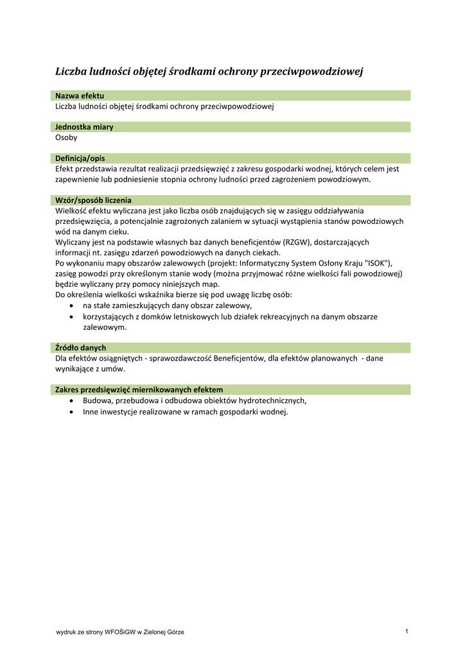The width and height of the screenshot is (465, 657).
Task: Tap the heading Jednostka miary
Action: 84,126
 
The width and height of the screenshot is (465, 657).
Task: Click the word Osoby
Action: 66,137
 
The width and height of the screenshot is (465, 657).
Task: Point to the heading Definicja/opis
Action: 80,158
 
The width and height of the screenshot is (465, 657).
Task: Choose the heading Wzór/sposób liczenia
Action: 93,200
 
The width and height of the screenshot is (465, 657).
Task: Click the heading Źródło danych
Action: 80,347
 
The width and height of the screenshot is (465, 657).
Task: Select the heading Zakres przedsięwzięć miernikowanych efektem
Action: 139,389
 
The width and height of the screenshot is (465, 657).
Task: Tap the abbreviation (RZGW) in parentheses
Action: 295,242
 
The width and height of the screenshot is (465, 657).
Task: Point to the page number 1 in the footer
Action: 407,631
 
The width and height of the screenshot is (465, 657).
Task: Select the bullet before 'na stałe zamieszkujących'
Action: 71,305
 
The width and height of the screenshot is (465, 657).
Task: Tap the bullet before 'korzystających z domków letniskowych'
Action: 71,316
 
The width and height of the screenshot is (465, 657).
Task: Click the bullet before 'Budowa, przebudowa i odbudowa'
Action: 71,400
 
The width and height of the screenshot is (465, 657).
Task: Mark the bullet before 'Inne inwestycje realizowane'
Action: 71,411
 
